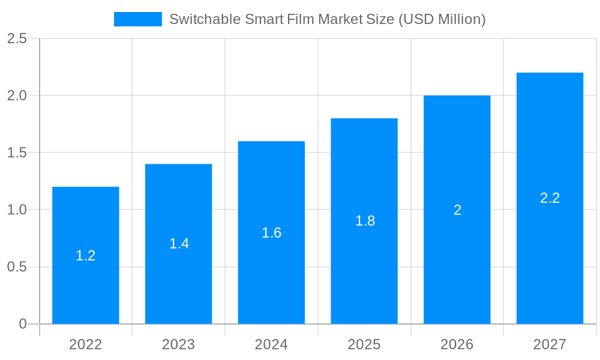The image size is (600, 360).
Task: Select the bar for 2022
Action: point(86,282)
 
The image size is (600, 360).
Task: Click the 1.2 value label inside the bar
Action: point(86,256)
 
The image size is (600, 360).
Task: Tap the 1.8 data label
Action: point(365,221)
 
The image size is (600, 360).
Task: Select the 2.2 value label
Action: point(550,198)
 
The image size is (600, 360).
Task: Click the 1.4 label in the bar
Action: point(179,244)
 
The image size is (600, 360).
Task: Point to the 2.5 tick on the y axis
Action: point(17,38)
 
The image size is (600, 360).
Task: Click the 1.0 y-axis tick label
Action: point(17,210)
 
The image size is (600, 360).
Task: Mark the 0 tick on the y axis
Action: point(23,324)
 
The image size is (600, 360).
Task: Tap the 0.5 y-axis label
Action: point(17,267)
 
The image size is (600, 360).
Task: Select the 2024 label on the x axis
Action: point(271,344)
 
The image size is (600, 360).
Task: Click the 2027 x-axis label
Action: point(550,344)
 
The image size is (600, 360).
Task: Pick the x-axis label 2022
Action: point(86,344)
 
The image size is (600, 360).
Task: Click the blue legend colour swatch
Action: point(138,19)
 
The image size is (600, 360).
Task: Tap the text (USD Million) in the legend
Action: point(442,19)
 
